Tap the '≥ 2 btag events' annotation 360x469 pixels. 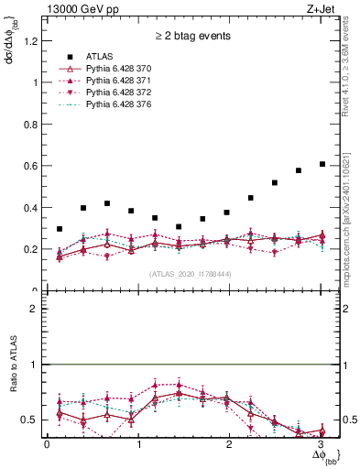tap(192, 37)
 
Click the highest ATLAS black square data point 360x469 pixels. tap(322, 164)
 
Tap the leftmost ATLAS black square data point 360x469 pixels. tap(60, 229)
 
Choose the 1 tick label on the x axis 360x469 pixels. tap(137, 443)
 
